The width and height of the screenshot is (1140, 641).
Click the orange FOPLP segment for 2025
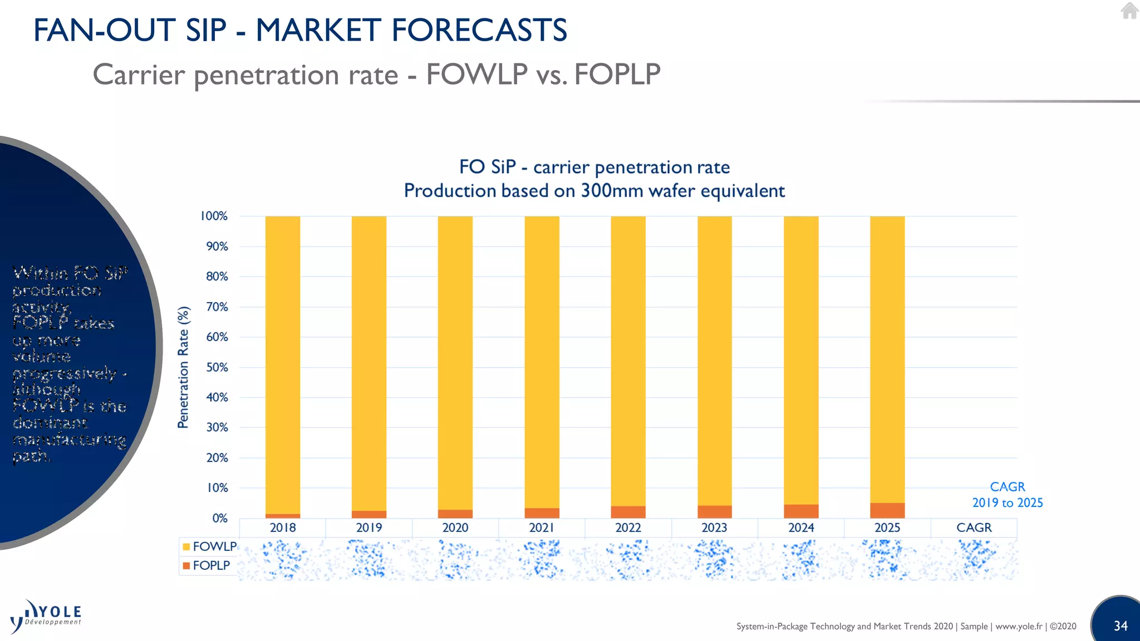point(887,510)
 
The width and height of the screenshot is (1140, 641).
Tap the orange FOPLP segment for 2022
point(628,512)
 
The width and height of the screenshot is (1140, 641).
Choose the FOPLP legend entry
point(207,565)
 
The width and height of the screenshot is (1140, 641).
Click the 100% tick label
point(214,216)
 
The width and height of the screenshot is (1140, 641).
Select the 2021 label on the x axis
point(542,527)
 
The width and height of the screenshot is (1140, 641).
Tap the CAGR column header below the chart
point(974,527)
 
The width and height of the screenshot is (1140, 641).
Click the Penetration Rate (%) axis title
point(183,367)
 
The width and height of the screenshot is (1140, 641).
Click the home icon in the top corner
point(1129,11)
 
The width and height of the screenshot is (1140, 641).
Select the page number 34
point(1121,626)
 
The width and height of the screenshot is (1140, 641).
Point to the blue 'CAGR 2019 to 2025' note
point(1007,495)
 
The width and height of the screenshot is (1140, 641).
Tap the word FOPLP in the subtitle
point(617,75)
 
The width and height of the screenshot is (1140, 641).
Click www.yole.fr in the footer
point(1019,626)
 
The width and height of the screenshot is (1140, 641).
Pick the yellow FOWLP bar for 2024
point(801,359)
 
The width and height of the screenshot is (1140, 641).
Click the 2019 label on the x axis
point(369,527)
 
